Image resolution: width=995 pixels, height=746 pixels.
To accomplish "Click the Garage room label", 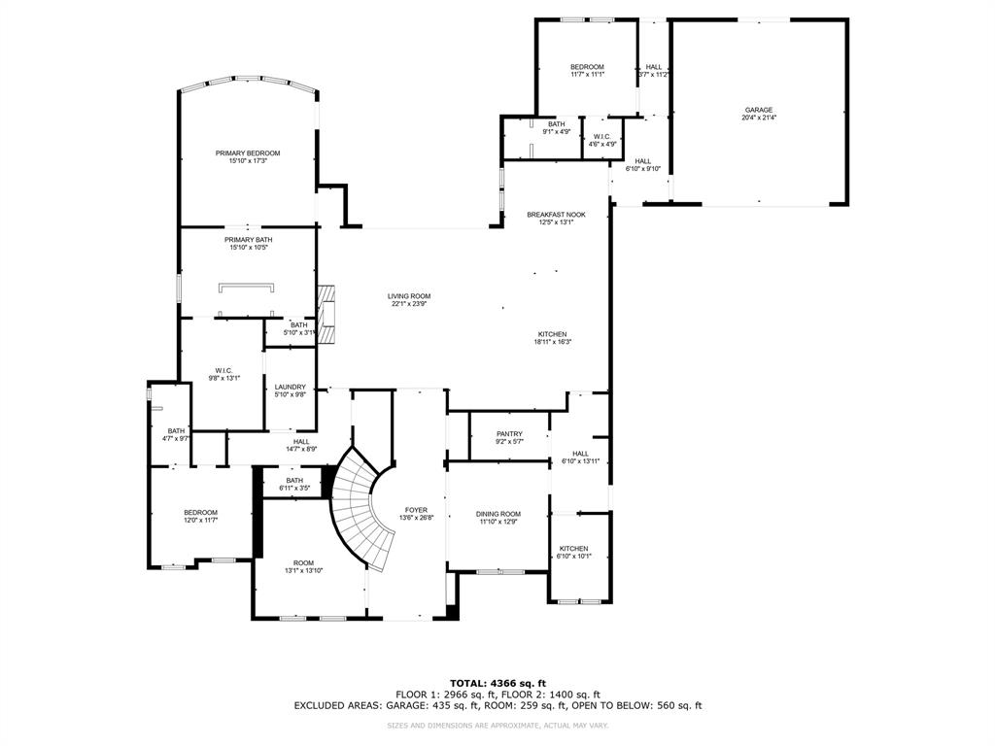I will [758, 110].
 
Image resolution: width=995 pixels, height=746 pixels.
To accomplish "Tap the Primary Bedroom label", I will [248, 153].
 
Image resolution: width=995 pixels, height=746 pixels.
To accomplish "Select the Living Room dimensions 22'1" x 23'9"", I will [409, 304].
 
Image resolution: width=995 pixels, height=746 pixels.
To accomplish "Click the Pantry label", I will [509, 434].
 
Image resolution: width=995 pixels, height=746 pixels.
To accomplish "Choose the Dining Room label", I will [498, 514].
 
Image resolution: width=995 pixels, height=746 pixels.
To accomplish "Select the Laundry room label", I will [290, 387].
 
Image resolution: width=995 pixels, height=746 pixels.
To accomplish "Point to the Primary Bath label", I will [248, 240].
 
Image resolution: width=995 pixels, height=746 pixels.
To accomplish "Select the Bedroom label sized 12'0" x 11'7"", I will [201, 512].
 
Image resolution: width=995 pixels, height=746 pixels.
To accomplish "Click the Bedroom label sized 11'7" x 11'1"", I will [587, 66].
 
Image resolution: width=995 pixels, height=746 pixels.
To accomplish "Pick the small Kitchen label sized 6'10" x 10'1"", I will [573, 549].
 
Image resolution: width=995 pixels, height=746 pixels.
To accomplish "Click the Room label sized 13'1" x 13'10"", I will [304, 562].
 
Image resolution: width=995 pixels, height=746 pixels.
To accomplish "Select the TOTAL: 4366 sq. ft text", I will [497, 683].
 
